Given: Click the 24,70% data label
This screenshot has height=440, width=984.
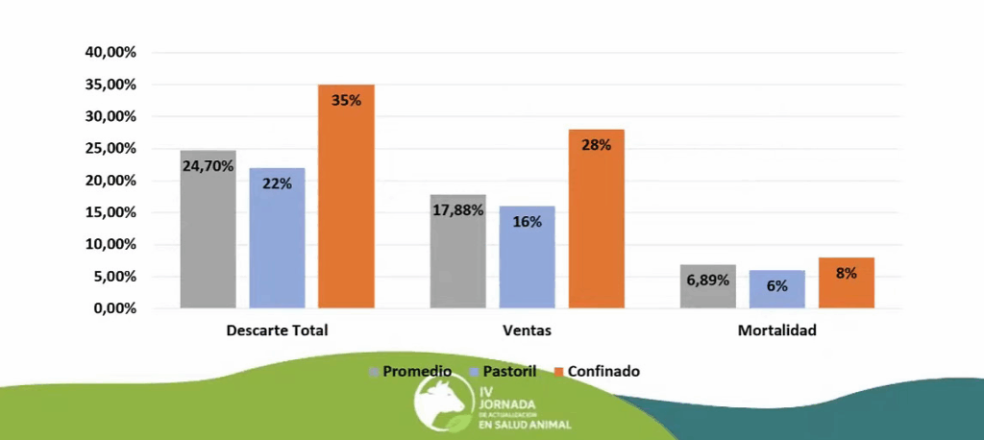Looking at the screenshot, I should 209,165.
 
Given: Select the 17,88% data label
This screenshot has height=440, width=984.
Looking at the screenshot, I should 458,210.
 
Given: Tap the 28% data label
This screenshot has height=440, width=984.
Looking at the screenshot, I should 596,145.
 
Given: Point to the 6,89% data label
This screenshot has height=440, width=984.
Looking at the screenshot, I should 708,281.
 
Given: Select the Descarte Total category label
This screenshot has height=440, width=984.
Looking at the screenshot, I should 277,330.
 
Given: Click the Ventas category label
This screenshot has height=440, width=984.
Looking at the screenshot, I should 527,330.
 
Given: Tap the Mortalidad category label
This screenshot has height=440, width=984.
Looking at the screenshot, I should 776,330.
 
